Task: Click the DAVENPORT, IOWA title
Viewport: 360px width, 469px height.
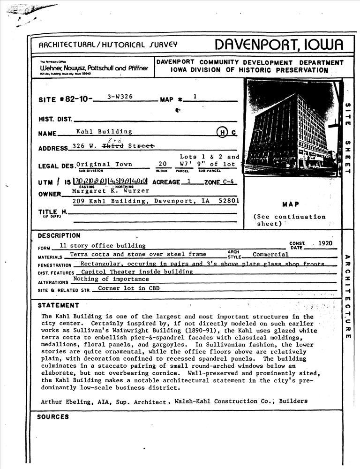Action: [x=279, y=45]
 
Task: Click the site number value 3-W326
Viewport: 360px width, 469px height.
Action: [x=120, y=97]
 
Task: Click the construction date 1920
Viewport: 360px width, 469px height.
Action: [x=324, y=243]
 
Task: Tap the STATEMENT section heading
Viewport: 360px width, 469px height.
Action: [x=58, y=306]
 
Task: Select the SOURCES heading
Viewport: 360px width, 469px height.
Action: [x=53, y=416]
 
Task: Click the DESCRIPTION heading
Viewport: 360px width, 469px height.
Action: [x=59, y=235]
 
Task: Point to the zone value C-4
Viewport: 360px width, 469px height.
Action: [x=228, y=182]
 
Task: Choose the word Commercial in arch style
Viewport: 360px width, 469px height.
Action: [x=270, y=255]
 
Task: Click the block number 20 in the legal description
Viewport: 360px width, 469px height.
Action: [x=162, y=164]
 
